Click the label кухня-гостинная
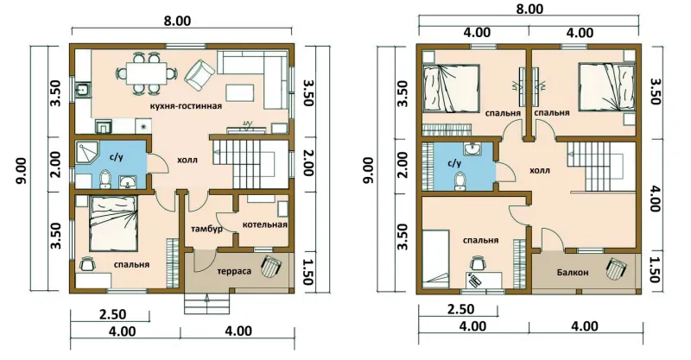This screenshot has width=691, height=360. point(186,106)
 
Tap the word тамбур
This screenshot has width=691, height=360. point(206,229)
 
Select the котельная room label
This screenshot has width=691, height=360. point(264,224)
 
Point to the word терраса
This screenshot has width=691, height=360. point(233,271)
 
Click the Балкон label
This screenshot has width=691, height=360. point(573,272)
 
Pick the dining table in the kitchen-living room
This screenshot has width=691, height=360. point(147,73)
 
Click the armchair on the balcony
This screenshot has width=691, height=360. point(616,268)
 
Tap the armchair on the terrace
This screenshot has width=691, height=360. point(270,266)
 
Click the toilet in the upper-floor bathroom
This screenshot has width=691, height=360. point(460,181)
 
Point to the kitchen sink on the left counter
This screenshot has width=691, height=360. point(82,92)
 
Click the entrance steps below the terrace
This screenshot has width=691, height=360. point(206,304)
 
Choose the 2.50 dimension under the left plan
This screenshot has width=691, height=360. point(113,314)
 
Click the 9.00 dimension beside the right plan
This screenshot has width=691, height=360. point(369,170)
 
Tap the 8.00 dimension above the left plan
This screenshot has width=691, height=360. point(177,21)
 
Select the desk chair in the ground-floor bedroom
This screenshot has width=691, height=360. point(86,263)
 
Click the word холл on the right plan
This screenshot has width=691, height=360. point(539,170)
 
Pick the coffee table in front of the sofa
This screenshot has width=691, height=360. point(240,92)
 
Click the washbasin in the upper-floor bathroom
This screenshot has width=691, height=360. point(472,149)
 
